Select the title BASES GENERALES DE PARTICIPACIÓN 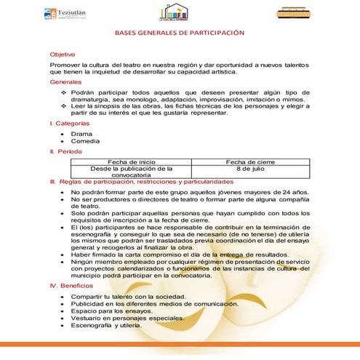(x=179, y=34)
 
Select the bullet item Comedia (x=85, y=141)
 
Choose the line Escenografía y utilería (x=114, y=327)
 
